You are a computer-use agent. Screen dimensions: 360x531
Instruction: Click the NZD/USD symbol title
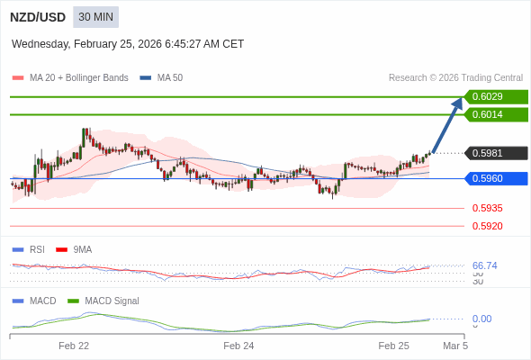[x=37, y=17]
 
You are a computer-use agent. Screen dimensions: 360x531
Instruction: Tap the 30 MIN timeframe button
[x=95, y=17]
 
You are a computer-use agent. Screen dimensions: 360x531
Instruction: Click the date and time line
[x=128, y=44]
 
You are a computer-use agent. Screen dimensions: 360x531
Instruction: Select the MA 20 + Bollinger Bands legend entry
[x=78, y=78]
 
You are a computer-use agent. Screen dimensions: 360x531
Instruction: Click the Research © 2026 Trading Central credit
[x=455, y=78]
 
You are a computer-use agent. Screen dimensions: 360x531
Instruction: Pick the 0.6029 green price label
[x=494, y=97]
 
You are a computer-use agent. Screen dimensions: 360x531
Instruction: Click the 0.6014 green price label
[x=494, y=115]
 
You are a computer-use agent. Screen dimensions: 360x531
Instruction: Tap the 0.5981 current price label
[x=494, y=153]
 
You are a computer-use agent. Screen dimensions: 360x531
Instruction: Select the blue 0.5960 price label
[x=494, y=178]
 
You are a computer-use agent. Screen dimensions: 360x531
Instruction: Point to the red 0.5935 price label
[x=487, y=208]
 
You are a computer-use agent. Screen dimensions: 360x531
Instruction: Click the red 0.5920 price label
[x=487, y=226]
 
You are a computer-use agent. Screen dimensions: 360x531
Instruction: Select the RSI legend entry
[x=36, y=249]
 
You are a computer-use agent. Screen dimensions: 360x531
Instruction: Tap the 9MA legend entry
[x=82, y=249]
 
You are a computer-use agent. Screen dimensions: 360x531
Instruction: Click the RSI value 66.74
[x=484, y=265]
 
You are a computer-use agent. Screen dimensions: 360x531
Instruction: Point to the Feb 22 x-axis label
[x=74, y=345]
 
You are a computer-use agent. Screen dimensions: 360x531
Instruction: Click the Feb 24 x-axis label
[x=238, y=345]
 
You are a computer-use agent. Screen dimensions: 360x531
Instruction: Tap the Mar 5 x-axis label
[x=455, y=345]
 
